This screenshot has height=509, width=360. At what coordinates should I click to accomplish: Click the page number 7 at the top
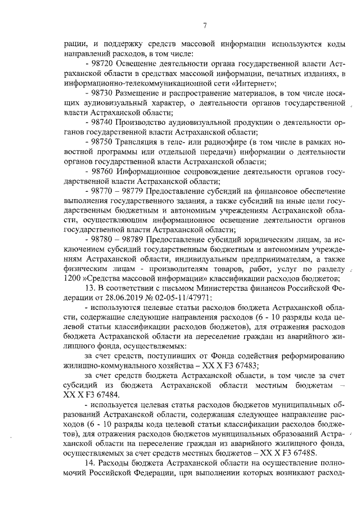(x=205, y=24)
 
